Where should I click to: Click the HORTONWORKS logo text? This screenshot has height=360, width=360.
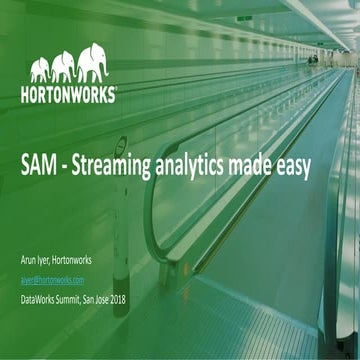coord(68,96)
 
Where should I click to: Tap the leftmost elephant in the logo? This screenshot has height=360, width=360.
coord(40,70)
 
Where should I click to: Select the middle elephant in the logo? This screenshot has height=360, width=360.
coord(64,67)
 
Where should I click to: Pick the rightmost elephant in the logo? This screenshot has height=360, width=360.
coord(93,62)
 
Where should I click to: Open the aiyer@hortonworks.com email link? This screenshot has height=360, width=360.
coord(53,281)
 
